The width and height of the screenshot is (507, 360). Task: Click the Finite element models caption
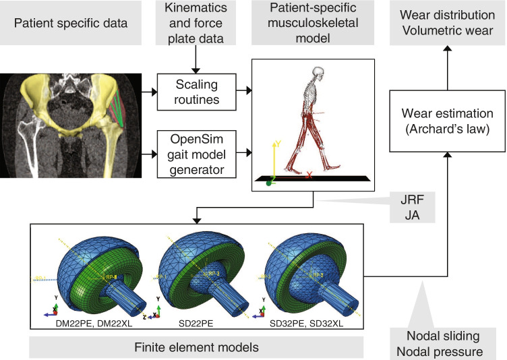[x=197, y=347]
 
